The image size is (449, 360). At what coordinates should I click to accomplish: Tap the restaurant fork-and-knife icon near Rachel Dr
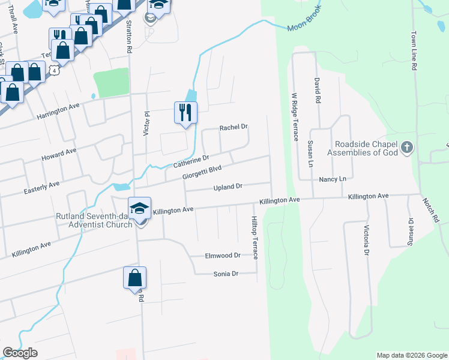(x=185, y=112)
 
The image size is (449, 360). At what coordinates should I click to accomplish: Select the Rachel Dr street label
(x=234, y=127)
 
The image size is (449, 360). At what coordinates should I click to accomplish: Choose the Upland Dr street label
(x=228, y=187)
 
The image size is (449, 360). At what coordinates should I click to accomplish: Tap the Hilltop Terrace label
(x=255, y=238)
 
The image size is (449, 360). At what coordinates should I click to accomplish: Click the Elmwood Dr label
(x=222, y=256)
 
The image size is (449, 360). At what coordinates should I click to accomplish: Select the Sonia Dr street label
(x=226, y=274)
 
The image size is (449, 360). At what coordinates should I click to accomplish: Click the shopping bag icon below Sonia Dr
(x=134, y=278)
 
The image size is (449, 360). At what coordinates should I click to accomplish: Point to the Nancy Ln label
(x=333, y=179)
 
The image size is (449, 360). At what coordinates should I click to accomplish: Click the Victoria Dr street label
(x=366, y=240)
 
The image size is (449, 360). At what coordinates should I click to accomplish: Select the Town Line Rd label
(x=414, y=52)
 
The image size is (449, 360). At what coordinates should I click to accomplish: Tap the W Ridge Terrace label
(x=294, y=116)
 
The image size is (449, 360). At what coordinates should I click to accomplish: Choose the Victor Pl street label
(x=146, y=123)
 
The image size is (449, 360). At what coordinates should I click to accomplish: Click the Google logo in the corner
(x=20, y=353)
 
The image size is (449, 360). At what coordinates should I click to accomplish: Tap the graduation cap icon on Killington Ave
(x=139, y=208)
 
